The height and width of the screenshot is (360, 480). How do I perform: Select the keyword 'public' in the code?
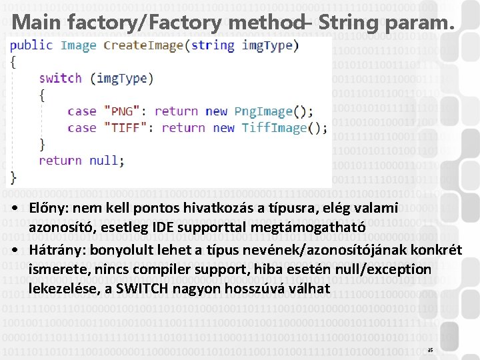point(31,45)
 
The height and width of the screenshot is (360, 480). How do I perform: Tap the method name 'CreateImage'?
point(143,45)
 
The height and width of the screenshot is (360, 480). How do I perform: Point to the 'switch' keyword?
point(60,78)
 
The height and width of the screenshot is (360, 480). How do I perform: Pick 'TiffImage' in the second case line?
point(274,127)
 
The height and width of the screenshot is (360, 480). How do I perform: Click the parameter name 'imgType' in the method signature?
point(267,45)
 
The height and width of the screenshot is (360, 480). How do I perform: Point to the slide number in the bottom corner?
point(430,350)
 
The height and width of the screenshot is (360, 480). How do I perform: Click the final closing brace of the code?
point(14,177)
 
